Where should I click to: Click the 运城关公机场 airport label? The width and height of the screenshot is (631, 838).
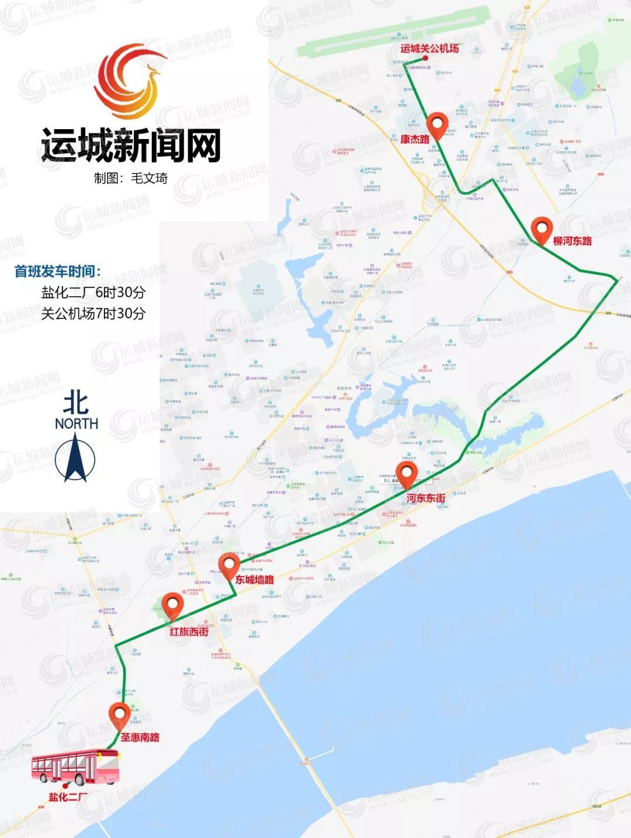coord(429,49)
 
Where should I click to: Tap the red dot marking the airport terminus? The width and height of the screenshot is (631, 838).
coord(425,59)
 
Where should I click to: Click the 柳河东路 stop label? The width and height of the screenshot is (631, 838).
coord(572,241)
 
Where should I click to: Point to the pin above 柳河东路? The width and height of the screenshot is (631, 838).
coord(542,229)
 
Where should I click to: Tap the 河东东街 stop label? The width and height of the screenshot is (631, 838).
coord(425,498)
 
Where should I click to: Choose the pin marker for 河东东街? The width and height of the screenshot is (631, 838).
coord(406,475)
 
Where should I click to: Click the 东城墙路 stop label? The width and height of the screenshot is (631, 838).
coord(254,580)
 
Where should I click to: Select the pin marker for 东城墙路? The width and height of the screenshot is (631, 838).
coord(228,567)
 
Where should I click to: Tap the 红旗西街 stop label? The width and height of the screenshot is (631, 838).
coord(189,632)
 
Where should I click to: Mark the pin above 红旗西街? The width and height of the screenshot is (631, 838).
coord(172,605)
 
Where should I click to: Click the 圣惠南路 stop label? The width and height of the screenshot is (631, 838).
coord(140,737)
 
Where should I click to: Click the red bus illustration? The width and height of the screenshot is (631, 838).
coord(75,767)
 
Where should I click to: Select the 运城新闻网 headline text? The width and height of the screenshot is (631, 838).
coord(131,146)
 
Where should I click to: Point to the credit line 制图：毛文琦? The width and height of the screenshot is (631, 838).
coord(131,178)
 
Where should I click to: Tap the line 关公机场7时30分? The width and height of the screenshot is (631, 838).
coord(93,313)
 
